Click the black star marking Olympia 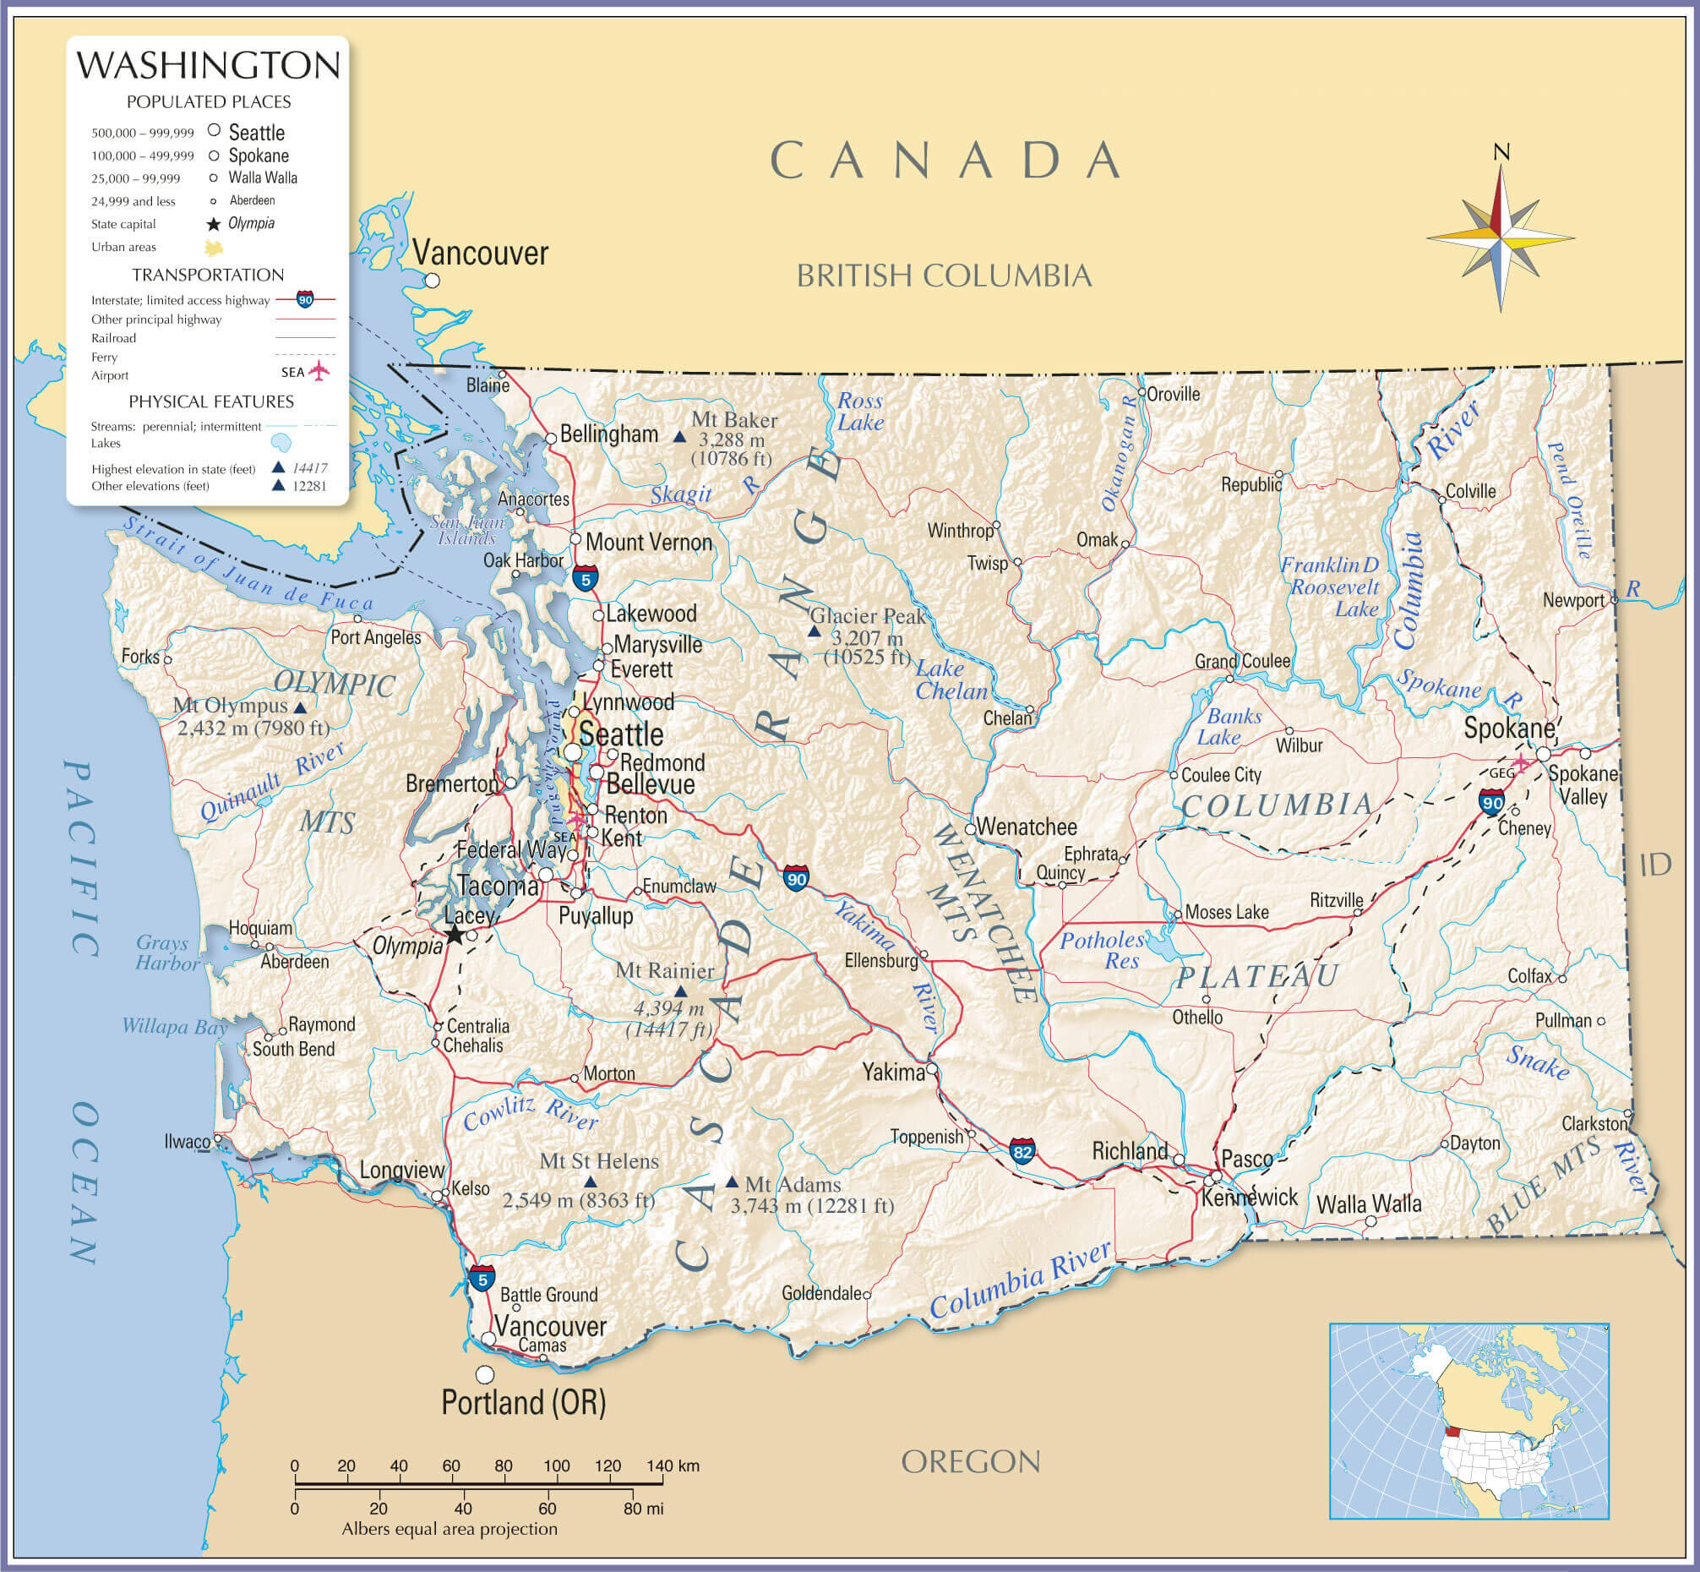(x=455, y=935)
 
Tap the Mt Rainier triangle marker (x=680, y=992)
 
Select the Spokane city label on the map (x=1509, y=729)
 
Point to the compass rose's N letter (x=1501, y=153)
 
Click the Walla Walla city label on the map (x=1369, y=1204)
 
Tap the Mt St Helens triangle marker (x=591, y=1182)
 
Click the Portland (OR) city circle (x=485, y=1374)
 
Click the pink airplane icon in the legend (x=318, y=372)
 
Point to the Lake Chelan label (x=951, y=680)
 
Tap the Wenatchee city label (x=1027, y=827)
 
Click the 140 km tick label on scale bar (x=672, y=1466)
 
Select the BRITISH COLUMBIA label (x=944, y=276)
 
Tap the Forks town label (x=140, y=657)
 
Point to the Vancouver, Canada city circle (x=432, y=280)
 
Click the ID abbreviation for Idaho (x=1655, y=865)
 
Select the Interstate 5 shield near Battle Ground (x=482, y=1278)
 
